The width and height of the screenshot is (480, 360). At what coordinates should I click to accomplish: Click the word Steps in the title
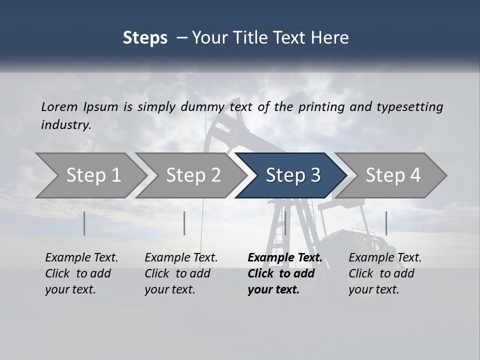pyautogui.click(x=145, y=38)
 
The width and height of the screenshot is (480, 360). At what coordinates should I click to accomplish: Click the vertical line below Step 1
pyautogui.click(x=84, y=223)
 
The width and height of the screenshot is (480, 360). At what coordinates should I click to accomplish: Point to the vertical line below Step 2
pyautogui.click(x=184, y=223)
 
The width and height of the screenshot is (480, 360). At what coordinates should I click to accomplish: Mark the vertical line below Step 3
pyautogui.click(x=285, y=223)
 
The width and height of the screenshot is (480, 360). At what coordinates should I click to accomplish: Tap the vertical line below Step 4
pyautogui.click(x=386, y=223)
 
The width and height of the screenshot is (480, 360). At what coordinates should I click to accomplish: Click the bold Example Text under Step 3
pyautogui.click(x=284, y=273)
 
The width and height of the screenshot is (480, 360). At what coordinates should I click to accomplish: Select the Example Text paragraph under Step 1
pyautogui.click(x=81, y=273)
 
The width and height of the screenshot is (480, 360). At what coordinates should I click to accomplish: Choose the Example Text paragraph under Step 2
pyautogui.click(x=181, y=273)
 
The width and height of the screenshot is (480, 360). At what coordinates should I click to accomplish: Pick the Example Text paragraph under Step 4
pyautogui.click(x=385, y=273)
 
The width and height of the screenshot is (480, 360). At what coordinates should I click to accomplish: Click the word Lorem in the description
pyautogui.click(x=59, y=106)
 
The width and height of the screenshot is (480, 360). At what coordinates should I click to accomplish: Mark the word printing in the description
pyautogui.click(x=321, y=107)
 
